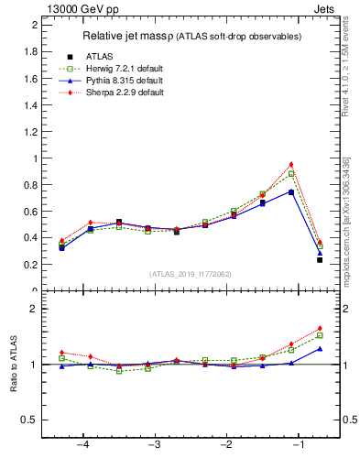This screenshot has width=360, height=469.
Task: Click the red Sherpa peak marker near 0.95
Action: click(x=291, y=165)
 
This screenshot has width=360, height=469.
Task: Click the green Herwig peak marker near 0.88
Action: click(x=291, y=174)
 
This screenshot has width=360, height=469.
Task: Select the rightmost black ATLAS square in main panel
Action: click(x=320, y=260)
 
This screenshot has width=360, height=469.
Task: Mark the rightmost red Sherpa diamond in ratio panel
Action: click(x=320, y=328)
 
